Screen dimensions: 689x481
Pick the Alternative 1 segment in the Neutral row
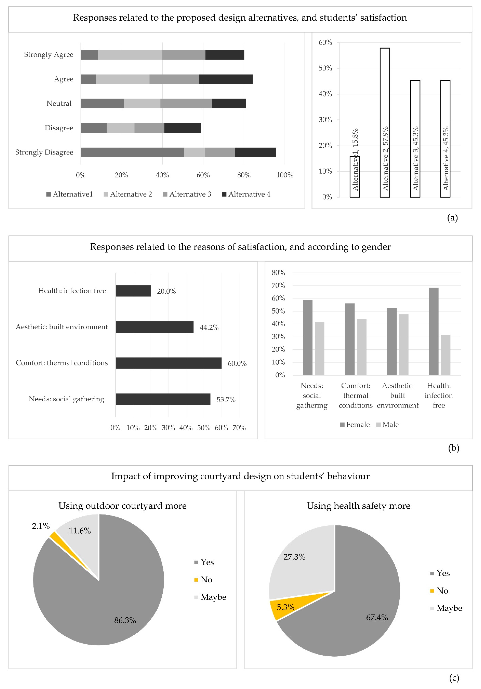[x=102, y=104]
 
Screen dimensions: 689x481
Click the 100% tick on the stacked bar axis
[x=285, y=175]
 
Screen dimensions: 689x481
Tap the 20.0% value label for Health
[x=166, y=291]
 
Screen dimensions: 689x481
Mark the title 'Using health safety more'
[x=358, y=506]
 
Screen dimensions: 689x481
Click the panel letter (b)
[x=453, y=448]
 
